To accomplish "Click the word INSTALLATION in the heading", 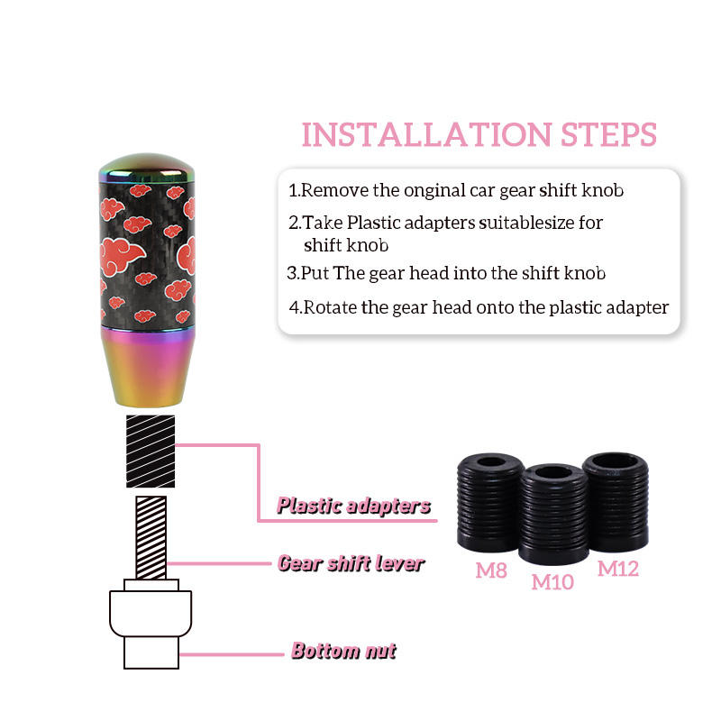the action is [426, 134].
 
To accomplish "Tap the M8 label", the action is [491, 570].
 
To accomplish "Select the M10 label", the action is [552, 582].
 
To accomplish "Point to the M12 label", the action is [618, 569].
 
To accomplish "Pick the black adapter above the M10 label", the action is [553, 514].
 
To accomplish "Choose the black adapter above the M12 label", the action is [616, 502].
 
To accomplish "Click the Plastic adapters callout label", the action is [353, 506].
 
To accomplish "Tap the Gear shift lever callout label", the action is [351, 563].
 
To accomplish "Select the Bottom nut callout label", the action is [343, 651].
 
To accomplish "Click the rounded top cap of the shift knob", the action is [147, 168].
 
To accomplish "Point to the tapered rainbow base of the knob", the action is [147, 368].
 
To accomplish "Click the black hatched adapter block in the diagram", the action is [151, 452].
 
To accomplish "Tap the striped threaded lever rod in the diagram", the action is [151, 537].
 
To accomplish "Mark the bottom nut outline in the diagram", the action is [151, 624].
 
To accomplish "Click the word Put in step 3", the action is [315, 273].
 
